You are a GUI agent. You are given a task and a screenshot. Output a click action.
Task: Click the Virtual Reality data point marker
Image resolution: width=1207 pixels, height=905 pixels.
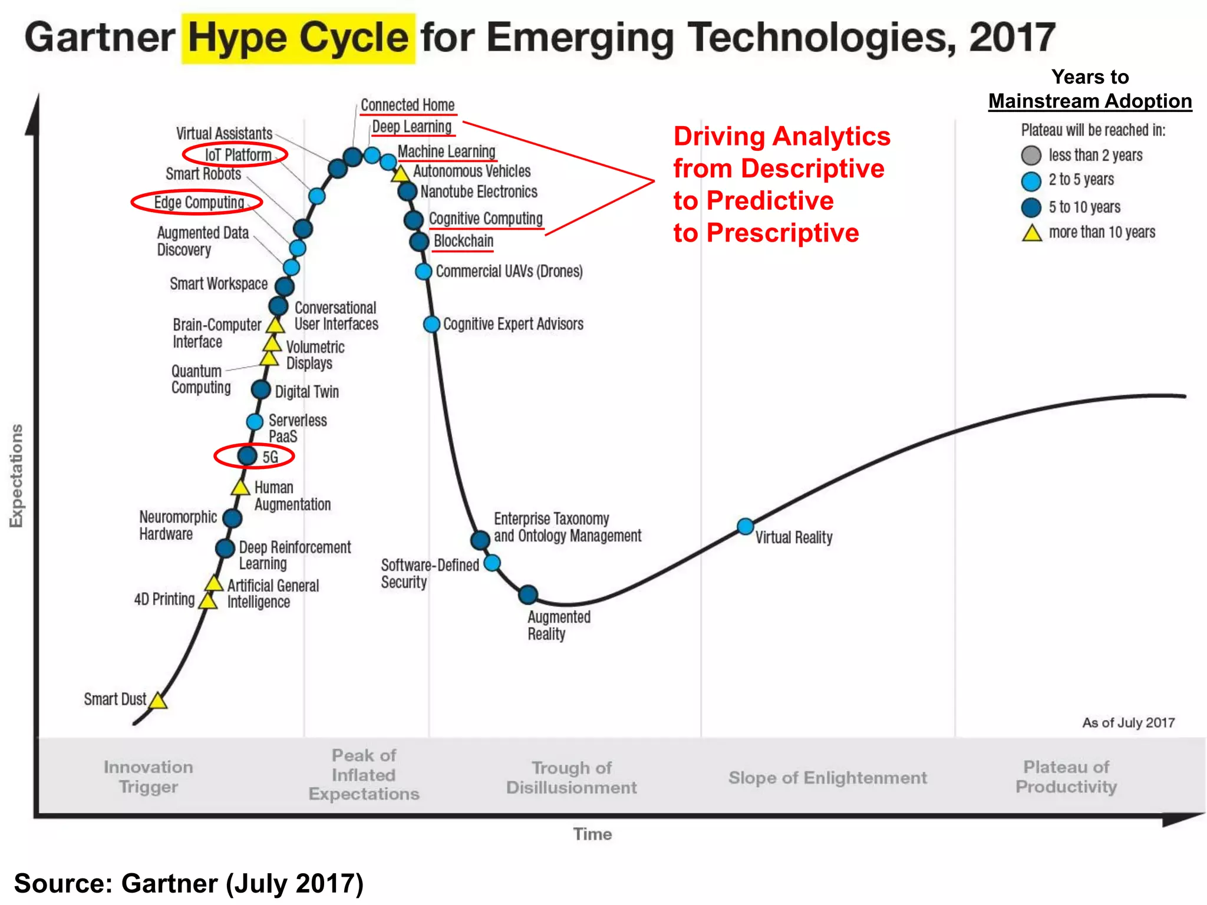click(745, 526)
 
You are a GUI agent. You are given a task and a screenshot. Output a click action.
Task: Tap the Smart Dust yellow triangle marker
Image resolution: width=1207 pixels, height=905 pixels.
click(157, 701)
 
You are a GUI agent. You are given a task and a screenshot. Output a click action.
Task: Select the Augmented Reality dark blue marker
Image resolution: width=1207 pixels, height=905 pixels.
click(528, 594)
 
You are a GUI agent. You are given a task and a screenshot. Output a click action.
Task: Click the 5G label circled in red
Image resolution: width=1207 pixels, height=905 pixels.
click(270, 457)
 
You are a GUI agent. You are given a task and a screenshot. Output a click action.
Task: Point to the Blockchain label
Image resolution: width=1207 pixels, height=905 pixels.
click(463, 241)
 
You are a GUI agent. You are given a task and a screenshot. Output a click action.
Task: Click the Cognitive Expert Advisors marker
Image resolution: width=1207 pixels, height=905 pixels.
click(431, 324)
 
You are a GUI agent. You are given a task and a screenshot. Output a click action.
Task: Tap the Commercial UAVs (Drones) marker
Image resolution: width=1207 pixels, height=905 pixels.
click(423, 272)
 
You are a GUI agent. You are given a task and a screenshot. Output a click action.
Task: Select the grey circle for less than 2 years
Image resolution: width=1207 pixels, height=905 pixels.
click(1031, 156)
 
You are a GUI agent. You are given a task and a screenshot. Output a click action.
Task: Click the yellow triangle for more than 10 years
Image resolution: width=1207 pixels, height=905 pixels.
click(1031, 233)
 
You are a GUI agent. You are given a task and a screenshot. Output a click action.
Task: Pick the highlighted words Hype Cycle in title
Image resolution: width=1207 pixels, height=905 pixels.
click(298, 38)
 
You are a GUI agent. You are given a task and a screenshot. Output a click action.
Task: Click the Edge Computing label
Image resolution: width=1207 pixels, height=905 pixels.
click(199, 203)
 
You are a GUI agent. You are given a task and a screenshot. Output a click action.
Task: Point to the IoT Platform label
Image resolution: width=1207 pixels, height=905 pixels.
click(238, 155)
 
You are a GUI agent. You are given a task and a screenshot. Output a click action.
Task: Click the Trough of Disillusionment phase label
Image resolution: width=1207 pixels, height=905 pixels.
click(571, 777)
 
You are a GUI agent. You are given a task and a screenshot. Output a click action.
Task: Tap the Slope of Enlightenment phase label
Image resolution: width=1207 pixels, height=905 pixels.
click(827, 778)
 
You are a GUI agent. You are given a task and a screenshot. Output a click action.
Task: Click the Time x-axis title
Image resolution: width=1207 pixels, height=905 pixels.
click(592, 834)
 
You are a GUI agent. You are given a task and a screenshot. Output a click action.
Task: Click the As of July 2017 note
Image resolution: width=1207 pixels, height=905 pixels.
click(1128, 722)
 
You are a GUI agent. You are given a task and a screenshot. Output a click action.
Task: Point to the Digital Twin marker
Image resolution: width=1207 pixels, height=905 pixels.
click(260, 389)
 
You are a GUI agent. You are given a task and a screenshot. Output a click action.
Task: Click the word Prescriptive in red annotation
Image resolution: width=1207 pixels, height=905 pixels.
click(782, 233)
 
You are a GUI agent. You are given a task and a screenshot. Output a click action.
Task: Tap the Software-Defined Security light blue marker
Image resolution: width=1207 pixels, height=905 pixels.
click(492, 563)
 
